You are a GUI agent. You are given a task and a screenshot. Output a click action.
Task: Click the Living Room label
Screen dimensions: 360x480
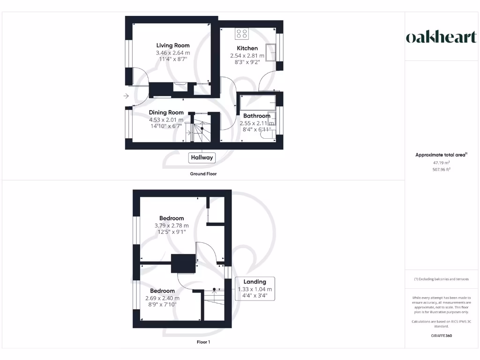173,45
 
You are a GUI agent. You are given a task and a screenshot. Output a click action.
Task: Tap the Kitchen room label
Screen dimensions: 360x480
247,48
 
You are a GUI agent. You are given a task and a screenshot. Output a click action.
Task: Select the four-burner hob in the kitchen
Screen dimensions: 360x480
242,33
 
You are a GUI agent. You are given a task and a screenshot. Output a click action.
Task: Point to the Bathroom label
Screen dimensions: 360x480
256,116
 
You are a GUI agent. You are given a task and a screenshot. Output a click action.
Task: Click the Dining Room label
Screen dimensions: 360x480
166,112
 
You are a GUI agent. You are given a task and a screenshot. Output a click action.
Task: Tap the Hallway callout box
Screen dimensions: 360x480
202,157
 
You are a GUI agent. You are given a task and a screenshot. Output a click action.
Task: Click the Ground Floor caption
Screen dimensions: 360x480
203,174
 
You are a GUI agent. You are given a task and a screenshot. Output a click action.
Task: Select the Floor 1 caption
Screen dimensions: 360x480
203,342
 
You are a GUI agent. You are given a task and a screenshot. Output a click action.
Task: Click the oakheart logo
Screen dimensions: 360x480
441,37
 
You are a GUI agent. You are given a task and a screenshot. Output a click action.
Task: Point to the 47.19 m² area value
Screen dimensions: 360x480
442,162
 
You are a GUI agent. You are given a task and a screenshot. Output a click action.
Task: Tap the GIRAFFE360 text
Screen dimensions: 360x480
441,336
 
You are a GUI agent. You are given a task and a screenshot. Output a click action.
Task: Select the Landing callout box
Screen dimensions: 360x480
255,289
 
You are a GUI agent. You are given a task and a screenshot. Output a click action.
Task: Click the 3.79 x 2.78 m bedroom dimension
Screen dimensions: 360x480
172,225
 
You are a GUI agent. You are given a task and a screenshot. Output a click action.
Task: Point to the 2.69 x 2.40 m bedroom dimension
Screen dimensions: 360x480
163,298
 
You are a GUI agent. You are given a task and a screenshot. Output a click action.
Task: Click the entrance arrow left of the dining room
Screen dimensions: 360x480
126,97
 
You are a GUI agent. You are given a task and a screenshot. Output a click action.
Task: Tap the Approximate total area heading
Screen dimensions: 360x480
441,155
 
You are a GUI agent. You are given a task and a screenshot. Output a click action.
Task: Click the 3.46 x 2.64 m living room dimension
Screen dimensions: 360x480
173,53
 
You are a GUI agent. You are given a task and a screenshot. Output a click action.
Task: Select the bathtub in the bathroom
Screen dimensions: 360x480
257,101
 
